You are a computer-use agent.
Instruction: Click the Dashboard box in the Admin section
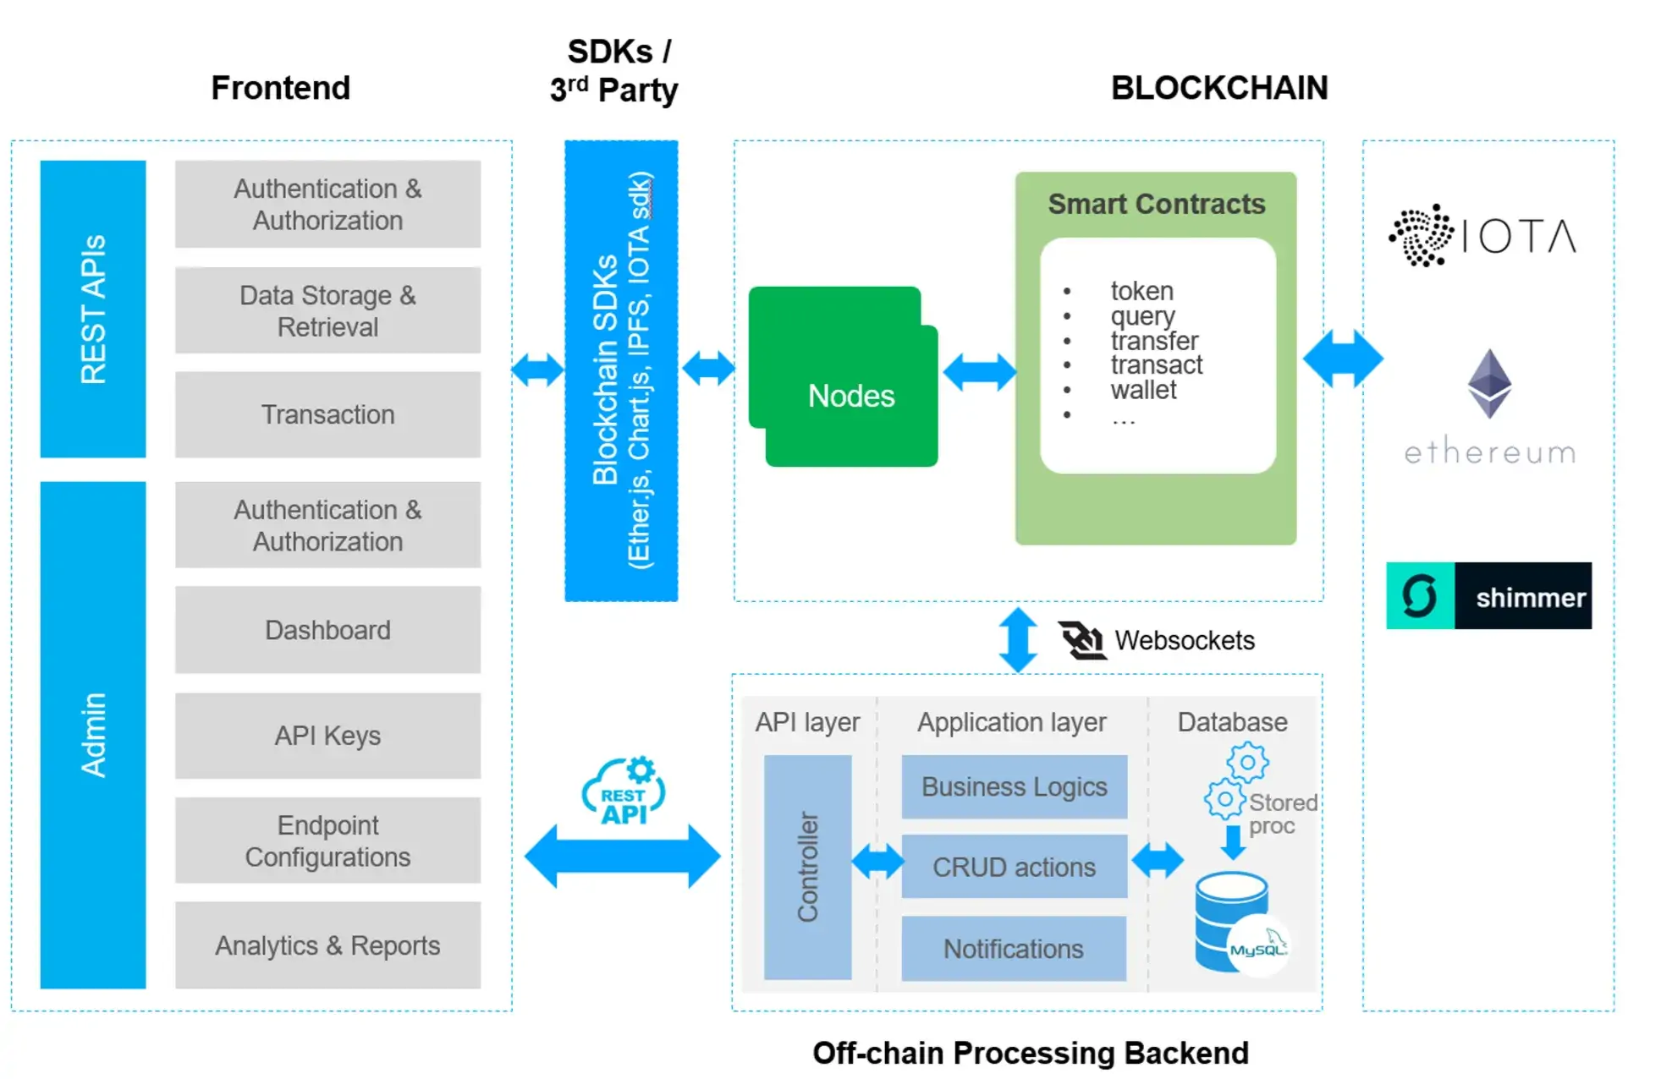[327, 630]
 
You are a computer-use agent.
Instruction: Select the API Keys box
[327, 736]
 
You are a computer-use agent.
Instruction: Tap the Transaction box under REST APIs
[327, 414]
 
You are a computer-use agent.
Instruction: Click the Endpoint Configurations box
[327, 841]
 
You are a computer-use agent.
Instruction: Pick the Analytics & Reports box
[327, 945]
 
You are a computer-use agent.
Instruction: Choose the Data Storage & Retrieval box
[327, 310]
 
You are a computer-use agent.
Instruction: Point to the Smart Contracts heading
[1156, 204]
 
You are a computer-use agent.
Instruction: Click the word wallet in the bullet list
[1143, 390]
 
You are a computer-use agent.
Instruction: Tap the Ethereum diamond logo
[1489, 383]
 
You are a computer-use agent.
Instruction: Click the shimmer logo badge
[1488, 596]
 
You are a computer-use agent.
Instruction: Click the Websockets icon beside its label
[1081, 640]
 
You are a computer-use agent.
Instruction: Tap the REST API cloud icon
[624, 792]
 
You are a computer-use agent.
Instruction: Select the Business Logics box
[1014, 787]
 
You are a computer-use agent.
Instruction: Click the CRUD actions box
[1014, 867]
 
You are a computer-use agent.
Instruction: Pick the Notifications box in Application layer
[1014, 949]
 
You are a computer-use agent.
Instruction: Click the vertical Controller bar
[807, 867]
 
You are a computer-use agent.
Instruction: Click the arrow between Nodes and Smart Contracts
[979, 372]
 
